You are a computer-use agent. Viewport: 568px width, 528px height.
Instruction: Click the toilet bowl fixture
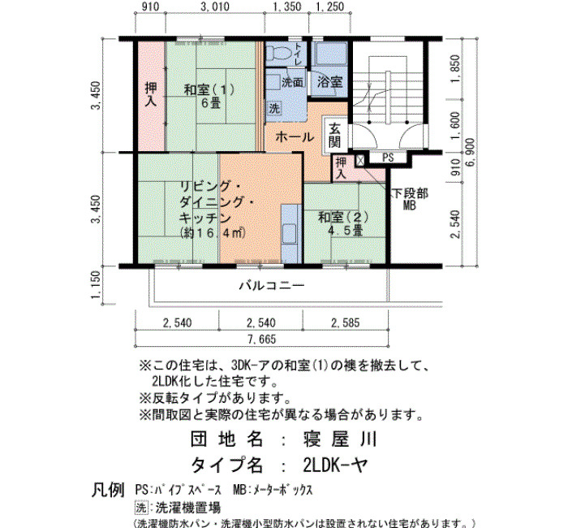tap(279, 54)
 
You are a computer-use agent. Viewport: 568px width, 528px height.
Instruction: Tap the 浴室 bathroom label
tap(329, 81)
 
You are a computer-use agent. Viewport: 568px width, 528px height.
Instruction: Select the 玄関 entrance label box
tap(334, 135)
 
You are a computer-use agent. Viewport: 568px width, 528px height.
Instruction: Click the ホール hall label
tap(295, 137)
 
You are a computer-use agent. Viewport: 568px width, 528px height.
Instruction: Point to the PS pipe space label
tap(388, 158)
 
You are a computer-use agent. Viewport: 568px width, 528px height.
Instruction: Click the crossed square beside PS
tap(359, 160)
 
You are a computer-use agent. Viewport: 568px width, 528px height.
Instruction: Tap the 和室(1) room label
tap(209, 89)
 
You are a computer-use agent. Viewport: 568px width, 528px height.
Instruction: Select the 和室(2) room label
tap(343, 217)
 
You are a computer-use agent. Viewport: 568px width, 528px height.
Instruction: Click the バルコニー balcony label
tap(272, 286)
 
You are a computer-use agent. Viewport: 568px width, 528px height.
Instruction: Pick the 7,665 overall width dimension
tap(261, 340)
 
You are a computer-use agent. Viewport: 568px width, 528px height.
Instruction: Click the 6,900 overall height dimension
tap(470, 153)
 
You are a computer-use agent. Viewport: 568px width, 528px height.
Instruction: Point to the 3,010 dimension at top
tap(215, 6)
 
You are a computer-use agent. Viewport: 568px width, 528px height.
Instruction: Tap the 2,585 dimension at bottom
tap(346, 322)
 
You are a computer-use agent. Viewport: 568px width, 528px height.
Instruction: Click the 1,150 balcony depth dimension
tap(95, 285)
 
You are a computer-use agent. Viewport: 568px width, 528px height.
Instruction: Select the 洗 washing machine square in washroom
tap(274, 108)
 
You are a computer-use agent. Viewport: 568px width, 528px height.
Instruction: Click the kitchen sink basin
tap(290, 233)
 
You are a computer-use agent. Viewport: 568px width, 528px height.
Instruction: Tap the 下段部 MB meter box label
tap(410, 199)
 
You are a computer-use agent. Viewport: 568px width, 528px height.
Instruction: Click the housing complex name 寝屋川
tap(340, 439)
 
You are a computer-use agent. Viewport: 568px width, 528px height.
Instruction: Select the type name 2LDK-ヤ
tap(336, 465)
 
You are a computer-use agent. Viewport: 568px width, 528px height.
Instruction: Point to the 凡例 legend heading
tap(108, 491)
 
